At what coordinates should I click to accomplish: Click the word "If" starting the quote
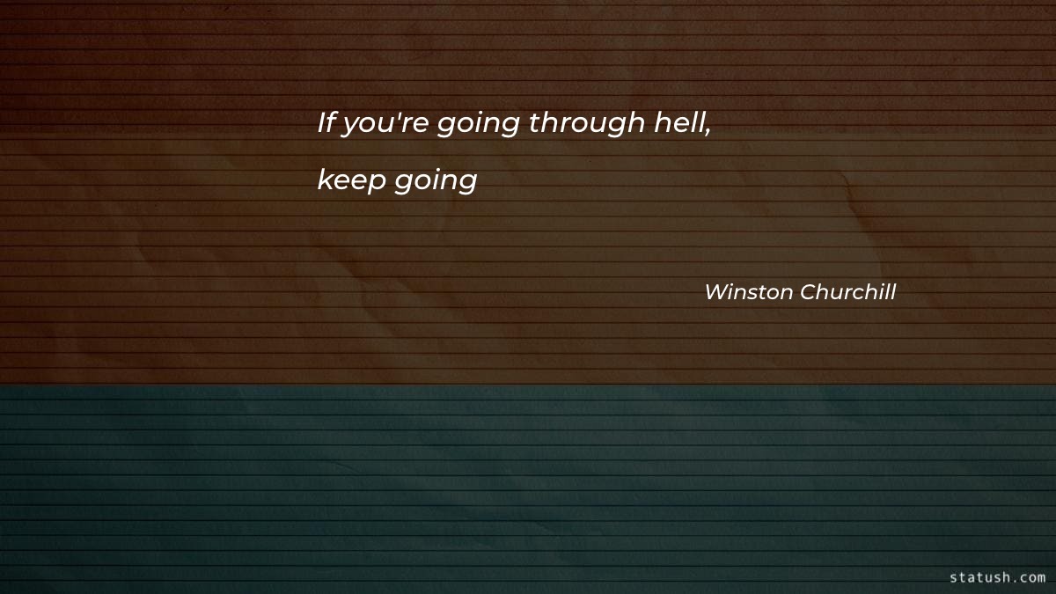click(x=327, y=123)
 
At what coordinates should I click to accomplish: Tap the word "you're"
click(x=373, y=125)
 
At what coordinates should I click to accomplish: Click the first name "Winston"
click(x=748, y=292)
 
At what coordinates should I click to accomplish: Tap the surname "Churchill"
click(x=847, y=292)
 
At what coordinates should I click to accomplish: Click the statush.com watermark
click(x=997, y=577)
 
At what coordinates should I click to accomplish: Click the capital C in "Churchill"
click(x=808, y=292)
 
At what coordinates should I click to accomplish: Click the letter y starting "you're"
click(x=348, y=128)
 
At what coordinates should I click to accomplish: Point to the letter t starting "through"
click(x=533, y=124)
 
